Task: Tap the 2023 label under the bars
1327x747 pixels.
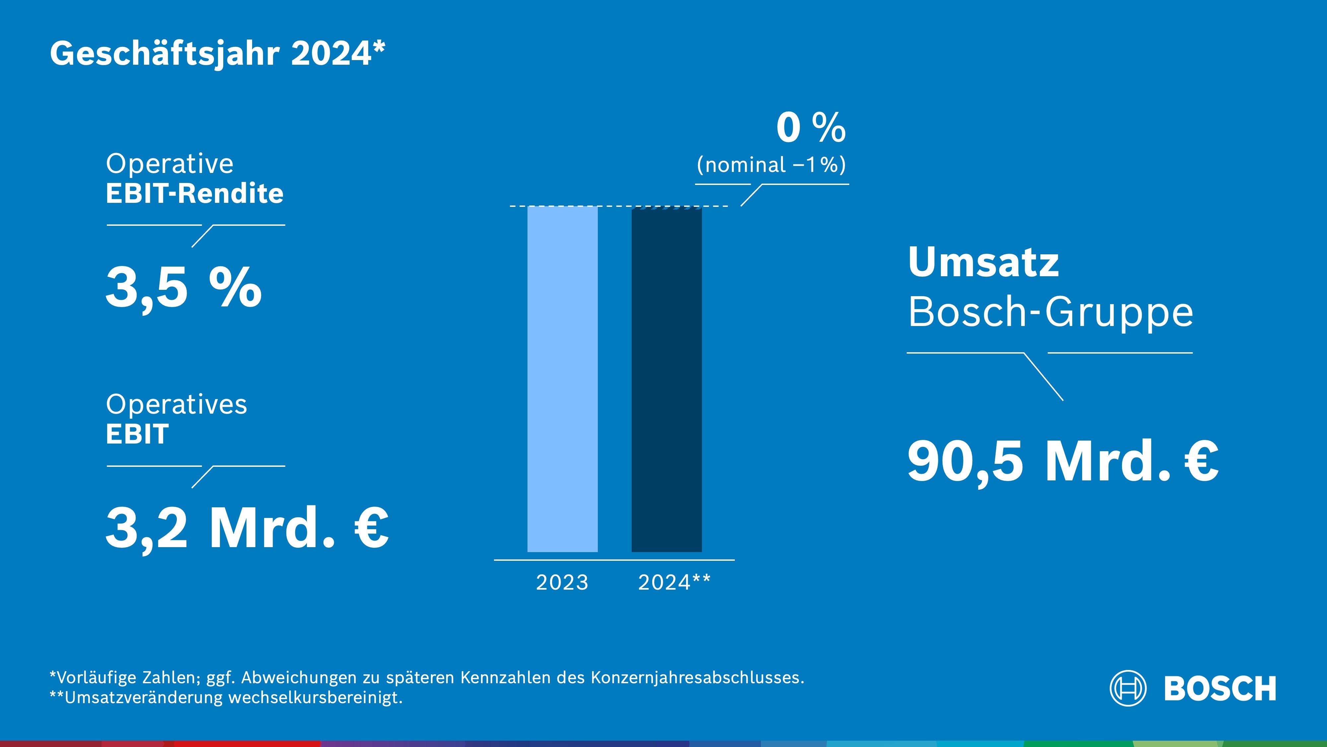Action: (562, 583)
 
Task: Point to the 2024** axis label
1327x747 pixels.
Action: (674, 583)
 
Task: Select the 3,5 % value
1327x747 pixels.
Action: (183, 287)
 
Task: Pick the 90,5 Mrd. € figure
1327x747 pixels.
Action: (1062, 462)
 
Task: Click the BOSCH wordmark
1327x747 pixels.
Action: (1220, 689)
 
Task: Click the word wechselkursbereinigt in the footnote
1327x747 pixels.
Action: (315, 698)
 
